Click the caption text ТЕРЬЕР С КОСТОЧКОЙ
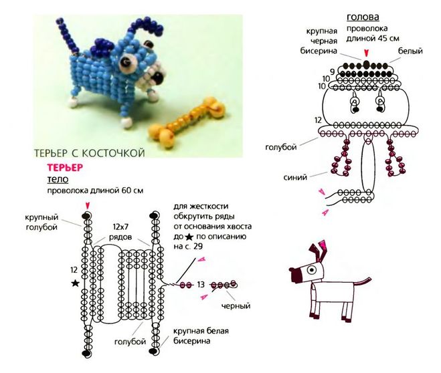[x=89, y=154]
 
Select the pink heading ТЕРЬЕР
[x=64, y=168]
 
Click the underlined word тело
[x=57, y=179]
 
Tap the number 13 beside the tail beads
[x=200, y=285]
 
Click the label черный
[x=236, y=306]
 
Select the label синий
[x=295, y=178]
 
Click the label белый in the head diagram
[x=410, y=51]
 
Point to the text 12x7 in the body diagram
[x=122, y=227]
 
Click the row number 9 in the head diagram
[x=332, y=71]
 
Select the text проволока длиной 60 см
[x=95, y=191]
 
